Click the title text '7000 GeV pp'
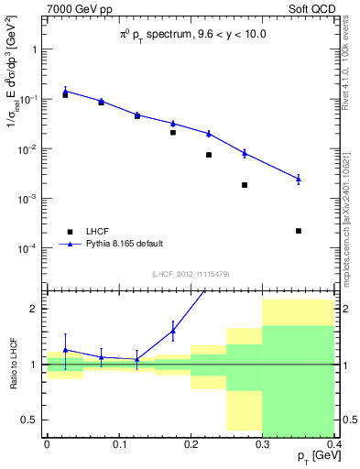pyautogui.click(x=72, y=9)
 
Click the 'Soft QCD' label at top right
pyautogui.click(x=311, y=9)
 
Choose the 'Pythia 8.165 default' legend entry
pyautogui.click(x=124, y=244)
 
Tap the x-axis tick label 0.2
pyautogui.click(x=191, y=444)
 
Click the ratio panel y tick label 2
pyautogui.click(x=34, y=309)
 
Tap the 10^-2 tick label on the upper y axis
pyautogui.click(x=27, y=149)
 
